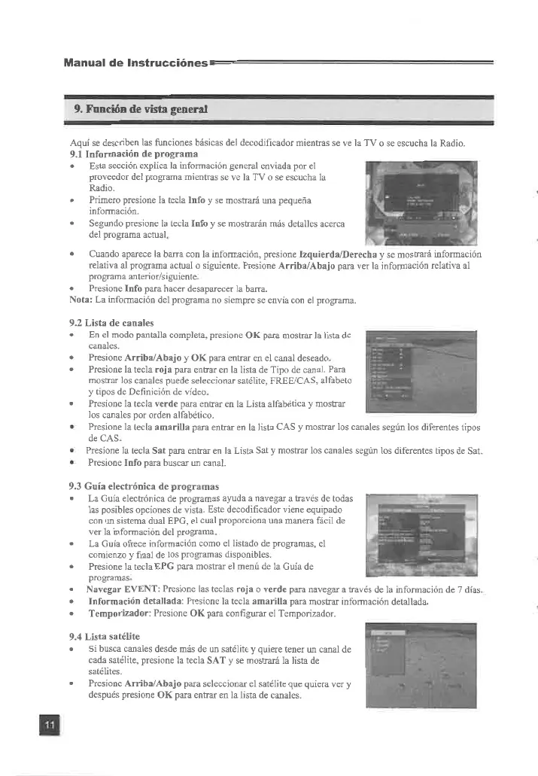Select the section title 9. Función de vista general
141,108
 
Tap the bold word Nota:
80,300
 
